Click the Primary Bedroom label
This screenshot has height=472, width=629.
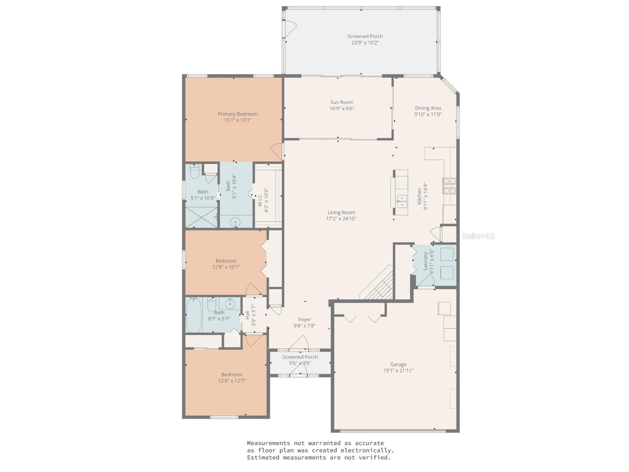[238, 114]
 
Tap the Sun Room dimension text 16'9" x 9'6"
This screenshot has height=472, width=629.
[342, 109]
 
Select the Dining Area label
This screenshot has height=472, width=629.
[428, 108]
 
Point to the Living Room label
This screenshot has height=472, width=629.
[341, 212]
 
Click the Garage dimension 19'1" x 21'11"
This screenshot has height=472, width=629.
[398, 371]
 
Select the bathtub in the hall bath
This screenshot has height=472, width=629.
[194, 315]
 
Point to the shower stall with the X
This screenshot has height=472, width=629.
[201, 217]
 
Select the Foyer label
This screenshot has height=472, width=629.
[304, 320]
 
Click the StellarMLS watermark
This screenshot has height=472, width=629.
[478, 236]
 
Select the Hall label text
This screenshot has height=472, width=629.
[247, 315]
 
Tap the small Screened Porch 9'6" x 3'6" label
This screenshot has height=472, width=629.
[300, 360]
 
